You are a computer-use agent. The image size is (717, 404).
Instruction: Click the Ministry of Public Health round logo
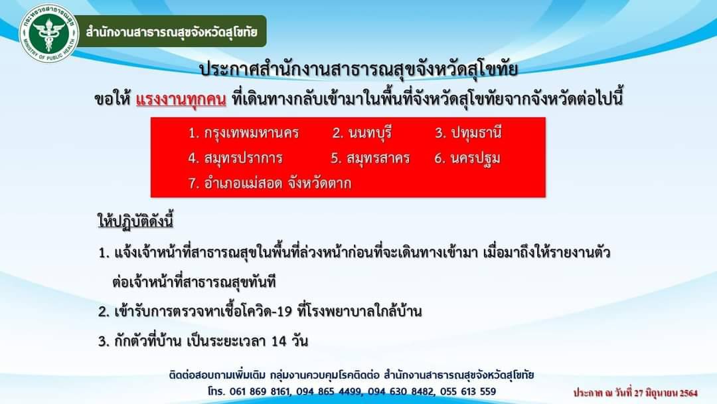(x=49, y=33)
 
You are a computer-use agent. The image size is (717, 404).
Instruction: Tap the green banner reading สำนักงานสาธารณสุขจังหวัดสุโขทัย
(x=171, y=32)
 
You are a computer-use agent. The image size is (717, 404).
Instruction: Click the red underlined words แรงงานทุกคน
(x=181, y=99)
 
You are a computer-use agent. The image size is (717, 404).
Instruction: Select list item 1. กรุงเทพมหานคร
(x=243, y=133)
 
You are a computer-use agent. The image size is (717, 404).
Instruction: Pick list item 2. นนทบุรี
(x=362, y=133)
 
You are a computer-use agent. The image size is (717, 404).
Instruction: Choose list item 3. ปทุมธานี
(x=468, y=133)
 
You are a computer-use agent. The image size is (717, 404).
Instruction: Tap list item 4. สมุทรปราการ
(x=235, y=158)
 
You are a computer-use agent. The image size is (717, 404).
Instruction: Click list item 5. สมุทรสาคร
(x=370, y=158)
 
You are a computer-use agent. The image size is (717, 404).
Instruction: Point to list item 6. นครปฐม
(x=467, y=159)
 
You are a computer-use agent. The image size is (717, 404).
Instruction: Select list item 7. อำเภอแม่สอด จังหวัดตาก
(x=270, y=183)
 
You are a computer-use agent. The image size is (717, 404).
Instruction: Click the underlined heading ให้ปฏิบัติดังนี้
(x=135, y=221)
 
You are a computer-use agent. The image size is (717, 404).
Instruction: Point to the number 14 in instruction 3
(x=279, y=342)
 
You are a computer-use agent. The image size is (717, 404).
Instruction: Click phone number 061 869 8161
(x=260, y=391)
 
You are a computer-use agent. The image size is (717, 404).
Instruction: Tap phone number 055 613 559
(x=468, y=391)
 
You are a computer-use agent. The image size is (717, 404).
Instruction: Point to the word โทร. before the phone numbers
(x=216, y=391)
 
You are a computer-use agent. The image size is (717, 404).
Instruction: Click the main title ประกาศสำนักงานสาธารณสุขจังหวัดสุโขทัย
(x=359, y=70)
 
